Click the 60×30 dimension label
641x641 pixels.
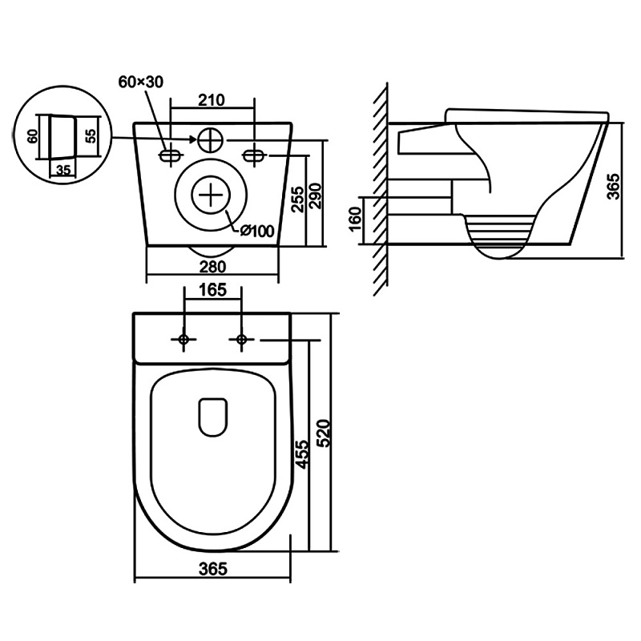[x=141, y=83]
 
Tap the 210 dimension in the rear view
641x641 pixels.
[x=212, y=100]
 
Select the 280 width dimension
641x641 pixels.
[x=212, y=267]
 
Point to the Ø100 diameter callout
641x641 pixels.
[x=257, y=231]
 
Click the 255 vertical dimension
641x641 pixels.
[x=299, y=199]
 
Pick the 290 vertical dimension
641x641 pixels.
[x=316, y=196]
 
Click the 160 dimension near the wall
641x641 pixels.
[x=356, y=219]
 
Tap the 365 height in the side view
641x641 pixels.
[x=613, y=187]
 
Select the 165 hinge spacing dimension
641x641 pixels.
[x=213, y=290]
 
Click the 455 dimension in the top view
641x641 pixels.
[x=302, y=454]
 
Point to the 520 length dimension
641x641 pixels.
[x=323, y=433]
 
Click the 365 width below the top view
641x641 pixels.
[x=212, y=569]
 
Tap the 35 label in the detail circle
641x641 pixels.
[x=63, y=169]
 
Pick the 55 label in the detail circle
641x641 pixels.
[x=92, y=135]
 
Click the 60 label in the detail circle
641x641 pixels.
[x=33, y=135]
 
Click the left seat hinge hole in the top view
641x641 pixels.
[x=183, y=339]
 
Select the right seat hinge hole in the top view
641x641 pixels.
[x=242, y=339]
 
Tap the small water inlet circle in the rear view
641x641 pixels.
[x=211, y=140]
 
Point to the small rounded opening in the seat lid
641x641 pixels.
[x=212, y=417]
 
